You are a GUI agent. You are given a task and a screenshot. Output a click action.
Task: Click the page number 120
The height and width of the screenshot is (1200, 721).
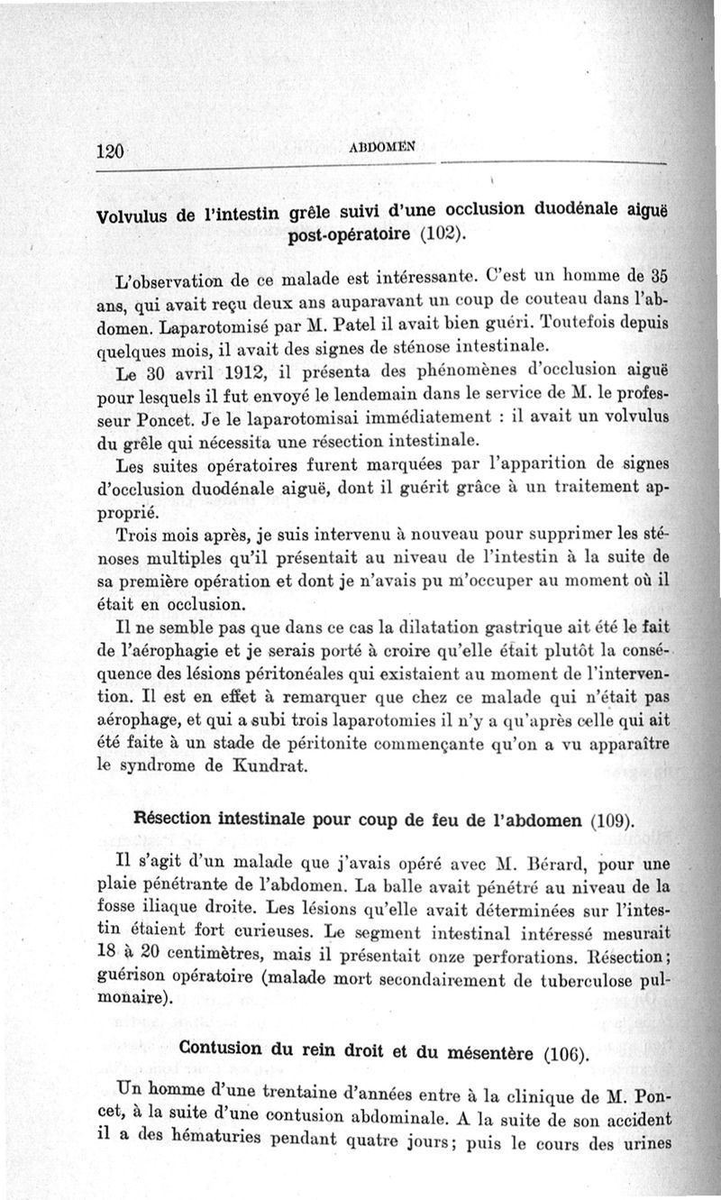108,152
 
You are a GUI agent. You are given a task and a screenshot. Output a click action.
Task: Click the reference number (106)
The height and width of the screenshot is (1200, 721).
567,1052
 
